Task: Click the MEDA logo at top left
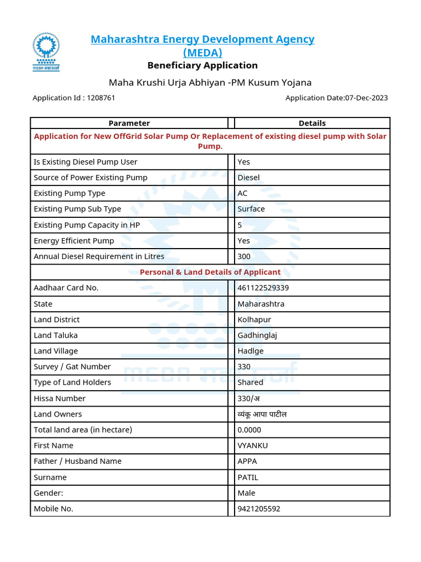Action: click(46, 52)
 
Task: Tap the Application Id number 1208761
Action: click(101, 98)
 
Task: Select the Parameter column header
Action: click(129, 123)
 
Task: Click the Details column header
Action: click(312, 123)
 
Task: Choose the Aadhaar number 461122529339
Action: click(263, 288)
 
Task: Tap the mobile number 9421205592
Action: click(259, 509)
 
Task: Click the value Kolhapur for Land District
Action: click(254, 319)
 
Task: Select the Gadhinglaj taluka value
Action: click(257, 335)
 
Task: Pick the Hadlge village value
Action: click(251, 351)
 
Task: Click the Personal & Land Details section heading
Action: click(210, 272)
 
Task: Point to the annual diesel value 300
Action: click(244, 256)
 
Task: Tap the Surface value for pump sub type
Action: click(251, 209)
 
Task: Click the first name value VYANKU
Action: click(253, 446)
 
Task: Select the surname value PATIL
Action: click(248, 477)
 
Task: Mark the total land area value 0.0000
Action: click(249, 430)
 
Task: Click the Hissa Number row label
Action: click(60, 398)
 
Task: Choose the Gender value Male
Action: click(247, 493)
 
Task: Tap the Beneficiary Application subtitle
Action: click(202, 65)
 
